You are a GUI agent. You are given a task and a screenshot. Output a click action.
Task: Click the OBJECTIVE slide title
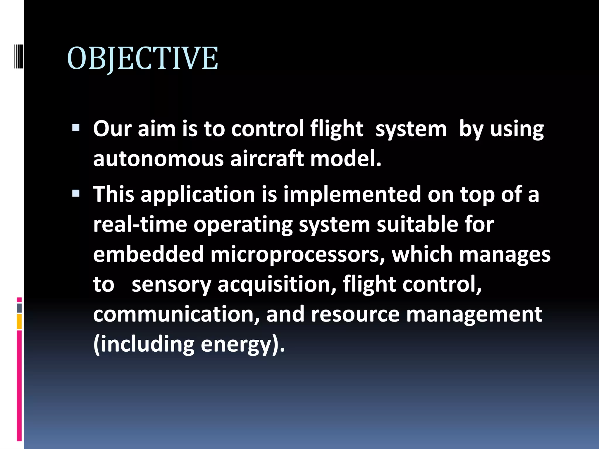(142, 58)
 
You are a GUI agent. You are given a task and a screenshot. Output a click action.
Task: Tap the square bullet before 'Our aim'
(76, 128)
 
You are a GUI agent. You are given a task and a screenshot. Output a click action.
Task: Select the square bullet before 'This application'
(76, 193)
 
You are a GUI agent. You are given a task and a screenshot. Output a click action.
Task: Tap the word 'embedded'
(148, 254)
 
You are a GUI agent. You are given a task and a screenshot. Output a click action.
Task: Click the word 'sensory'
(171, 285)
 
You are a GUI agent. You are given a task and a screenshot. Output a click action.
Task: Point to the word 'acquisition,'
(277, 285)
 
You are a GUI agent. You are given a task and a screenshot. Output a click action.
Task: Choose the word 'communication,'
(176, 314)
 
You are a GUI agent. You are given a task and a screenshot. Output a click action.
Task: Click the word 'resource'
(355, 314)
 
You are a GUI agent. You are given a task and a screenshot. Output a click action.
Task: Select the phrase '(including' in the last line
(144, 345)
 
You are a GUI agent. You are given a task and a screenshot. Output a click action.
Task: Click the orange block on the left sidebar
(19, 322)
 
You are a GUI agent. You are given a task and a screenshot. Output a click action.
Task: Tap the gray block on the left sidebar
(19, 308)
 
